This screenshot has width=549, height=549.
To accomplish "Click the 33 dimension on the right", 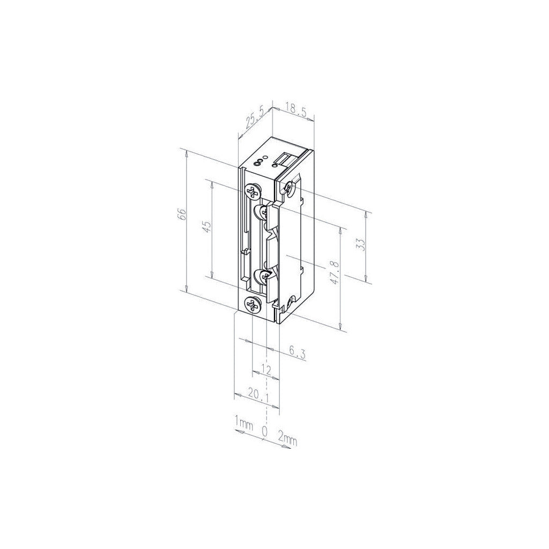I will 360,244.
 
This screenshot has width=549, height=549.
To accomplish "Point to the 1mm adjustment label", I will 243,424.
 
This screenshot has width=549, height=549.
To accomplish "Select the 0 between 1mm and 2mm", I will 264,431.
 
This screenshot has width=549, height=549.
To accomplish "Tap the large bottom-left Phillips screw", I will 252,305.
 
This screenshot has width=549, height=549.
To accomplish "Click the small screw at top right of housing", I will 289,187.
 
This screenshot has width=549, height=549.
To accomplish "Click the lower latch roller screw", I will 264,276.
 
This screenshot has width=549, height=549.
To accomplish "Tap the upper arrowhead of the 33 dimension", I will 366,213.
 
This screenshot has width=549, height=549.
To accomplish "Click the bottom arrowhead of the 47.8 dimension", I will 340,328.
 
